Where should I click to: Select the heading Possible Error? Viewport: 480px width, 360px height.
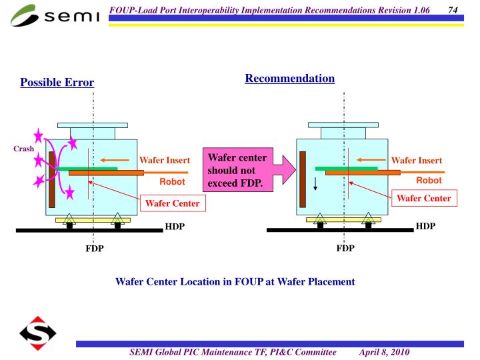pyautogui.click(x=57, y=83)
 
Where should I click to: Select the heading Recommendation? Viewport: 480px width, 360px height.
pyautogui.click(x=290, y=79)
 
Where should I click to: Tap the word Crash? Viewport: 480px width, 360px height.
pyautogui.click(x=23, y=149)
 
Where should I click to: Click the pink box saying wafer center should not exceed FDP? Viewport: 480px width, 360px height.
pyautogui.click(x=237, y=170)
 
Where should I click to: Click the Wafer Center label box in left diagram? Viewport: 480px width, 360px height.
pyautogui.click(x=173, y=203)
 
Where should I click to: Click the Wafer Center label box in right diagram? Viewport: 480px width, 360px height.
pyautogui.click(x=424, y=198)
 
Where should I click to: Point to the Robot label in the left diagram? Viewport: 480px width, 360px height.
pyautogui.click(x=171, y=181)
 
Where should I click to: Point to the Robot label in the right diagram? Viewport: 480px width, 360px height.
pyautogui.click(x=429, y=181)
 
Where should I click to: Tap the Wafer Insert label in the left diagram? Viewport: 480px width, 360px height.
pyautogui.click(x=165, y=161)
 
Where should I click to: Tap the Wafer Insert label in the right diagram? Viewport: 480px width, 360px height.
pyautogui.click(x=416, y=161)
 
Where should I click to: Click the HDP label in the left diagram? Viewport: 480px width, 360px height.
pyautogui.click(x=175, y=227)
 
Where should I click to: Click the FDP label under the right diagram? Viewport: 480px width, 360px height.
pyautogui.click(x=345, y=249)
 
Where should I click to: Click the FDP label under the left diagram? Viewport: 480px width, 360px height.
pyautogui.click(x=94, y=249)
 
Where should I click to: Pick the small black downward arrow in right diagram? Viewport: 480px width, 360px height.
pyautogui.click(x=316, y=184)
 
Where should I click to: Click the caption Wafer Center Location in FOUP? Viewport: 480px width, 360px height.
pyautogui.click(x=235, y=281)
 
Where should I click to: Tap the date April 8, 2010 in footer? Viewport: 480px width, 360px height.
pyautogui.click(x=384, y=351)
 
